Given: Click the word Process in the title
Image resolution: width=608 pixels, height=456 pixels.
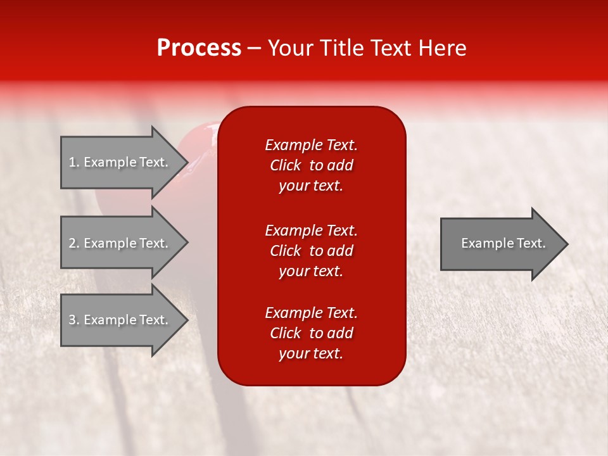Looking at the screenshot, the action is (199, 47).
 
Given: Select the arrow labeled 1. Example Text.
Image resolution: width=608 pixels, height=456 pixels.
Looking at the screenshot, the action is (125, 162).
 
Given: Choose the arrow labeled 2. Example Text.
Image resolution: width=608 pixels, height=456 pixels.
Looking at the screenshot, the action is (125, 243).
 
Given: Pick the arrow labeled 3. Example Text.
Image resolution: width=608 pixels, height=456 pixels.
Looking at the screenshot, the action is (125, 319).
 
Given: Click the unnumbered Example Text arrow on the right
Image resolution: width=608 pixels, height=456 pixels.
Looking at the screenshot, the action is (504, 243).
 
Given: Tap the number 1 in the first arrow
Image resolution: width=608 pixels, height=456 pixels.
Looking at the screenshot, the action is (72, 162).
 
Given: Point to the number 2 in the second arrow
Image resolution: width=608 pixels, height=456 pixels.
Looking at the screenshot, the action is (72, 243).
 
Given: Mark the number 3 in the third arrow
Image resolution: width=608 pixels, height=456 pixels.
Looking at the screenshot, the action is (72, 320).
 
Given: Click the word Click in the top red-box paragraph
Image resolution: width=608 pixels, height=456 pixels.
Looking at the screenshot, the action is (286, 165).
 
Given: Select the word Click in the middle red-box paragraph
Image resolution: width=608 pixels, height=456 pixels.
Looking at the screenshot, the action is (286, 251).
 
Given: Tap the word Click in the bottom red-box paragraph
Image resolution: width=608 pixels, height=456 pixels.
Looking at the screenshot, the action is (286, 332).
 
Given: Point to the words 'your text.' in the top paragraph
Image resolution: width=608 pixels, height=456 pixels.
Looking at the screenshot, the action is (311, 186).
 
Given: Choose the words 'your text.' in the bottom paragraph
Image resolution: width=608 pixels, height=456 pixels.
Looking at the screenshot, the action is (311, 353).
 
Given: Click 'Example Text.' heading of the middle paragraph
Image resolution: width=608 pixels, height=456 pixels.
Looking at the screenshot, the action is (311, 231).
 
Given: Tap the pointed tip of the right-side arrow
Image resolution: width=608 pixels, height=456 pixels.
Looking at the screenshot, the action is (568, 244).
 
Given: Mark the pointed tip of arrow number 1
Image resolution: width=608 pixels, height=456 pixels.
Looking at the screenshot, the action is (188, 162).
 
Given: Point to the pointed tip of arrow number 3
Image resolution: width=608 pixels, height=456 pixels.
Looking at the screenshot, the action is (188, 320).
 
